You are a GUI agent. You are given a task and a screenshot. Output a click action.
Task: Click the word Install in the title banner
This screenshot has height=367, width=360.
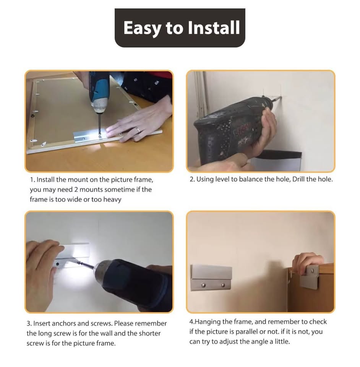pyautogui.click(x=214, y=28)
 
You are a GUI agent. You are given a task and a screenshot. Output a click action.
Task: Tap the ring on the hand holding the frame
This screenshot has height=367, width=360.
pyautogui.click(x=138, y=130)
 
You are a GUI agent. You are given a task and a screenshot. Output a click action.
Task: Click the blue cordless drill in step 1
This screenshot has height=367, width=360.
pyautogui.click(x=100, y=94)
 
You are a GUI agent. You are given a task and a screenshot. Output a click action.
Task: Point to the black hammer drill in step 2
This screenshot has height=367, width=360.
pyautogui.click(x=232, y=131)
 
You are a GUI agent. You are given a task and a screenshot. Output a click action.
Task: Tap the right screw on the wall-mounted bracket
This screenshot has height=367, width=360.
pyautogui.click(x=223, y=285)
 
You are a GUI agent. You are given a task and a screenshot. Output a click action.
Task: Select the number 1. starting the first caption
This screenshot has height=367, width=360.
pyautogui.click(x=32, y=180)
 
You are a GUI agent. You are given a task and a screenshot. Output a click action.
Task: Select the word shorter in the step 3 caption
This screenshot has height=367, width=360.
pyautogui.click(x=150, y=333)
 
